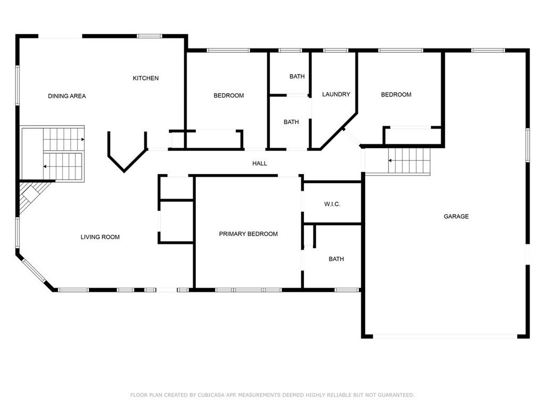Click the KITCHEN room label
tap(146, 78)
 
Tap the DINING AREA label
tap(67, 96)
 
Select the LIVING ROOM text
tap(100, 237)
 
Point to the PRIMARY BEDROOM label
tap(248, 234)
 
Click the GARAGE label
tap(456, 216)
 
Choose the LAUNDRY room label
tap(336, 94)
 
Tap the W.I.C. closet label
tap(332, 204)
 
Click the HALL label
tap(260, 163)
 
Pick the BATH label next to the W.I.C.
tap(336, 259)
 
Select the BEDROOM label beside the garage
tap(396, 95)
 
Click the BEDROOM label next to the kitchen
tap(229, 96)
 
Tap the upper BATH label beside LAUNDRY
tap(297, 77)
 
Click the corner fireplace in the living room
tap(30, 197)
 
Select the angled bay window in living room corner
tap(34, 271)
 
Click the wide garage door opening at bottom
tap(445, 337)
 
